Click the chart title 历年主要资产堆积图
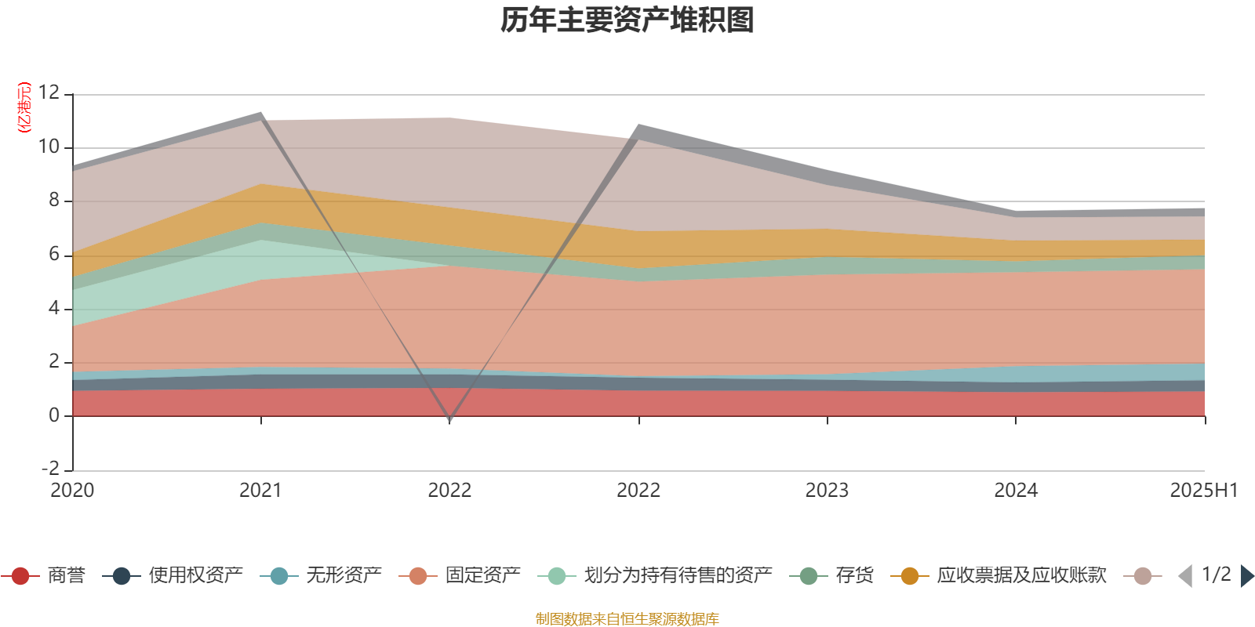point(627,20)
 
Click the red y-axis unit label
point(24,107)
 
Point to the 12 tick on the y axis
point(49,92)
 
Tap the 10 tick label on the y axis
point(49,147)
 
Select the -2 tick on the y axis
point(50,468)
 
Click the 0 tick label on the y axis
point(54,415)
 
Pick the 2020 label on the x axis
point(72,491)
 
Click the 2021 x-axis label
point(260,491)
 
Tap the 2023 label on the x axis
point(827,491)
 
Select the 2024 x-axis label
point(1016,491)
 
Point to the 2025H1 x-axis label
point(1203,491)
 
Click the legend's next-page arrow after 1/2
point(1246,576)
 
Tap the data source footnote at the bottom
point(627,619)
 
